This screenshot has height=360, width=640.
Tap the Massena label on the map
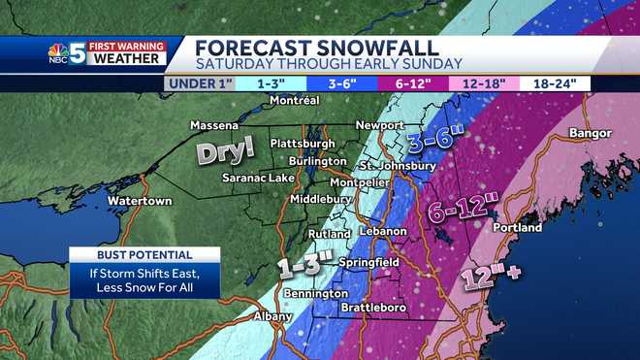click(213, 126)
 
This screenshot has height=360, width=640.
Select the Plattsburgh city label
click(302, 143)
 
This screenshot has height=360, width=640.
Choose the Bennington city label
click(315, 293)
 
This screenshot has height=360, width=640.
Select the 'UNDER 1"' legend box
click(198, 83)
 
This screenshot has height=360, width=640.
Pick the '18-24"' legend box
click(560, 83)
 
